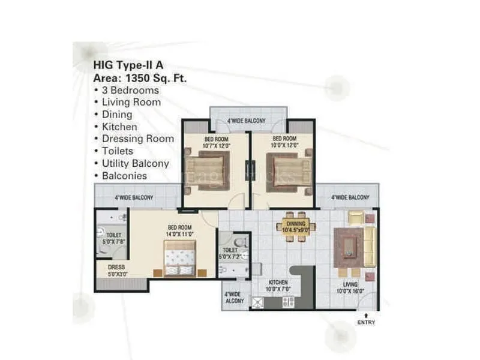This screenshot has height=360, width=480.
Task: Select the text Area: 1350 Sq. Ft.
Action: pyautogui.click(x=136, y=77)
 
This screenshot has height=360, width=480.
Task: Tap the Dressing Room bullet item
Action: pyautogui.click(x=137, y=139)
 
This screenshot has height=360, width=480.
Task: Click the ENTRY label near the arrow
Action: pyautogui.click(x=366, y=323)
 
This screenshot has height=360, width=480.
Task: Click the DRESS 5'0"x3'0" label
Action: pyautogui.click(x=116, y=271)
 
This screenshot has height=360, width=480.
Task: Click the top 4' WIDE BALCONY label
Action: pyautogui.click(x=246, y=121)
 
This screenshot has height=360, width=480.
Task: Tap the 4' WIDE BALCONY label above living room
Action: pyautogui.click(x=350, y=197)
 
